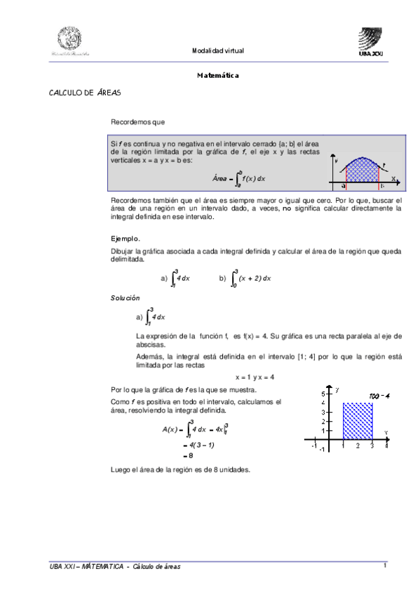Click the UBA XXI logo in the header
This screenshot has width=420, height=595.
371,41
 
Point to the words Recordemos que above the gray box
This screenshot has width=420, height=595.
137,122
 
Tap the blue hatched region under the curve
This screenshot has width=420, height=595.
360,171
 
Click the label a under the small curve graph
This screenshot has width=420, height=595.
344,186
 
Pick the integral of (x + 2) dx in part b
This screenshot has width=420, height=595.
250,278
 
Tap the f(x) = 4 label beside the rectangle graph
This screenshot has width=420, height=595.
379,396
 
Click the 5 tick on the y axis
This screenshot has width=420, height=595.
324,393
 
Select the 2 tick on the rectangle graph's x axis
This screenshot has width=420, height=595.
358,446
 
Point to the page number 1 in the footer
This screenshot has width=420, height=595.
385,566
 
